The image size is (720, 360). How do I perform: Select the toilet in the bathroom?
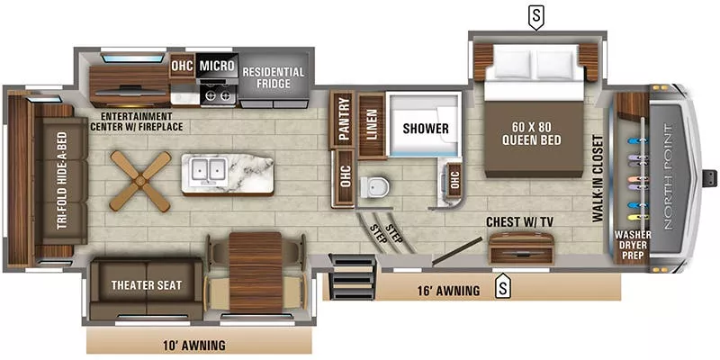[374, 186]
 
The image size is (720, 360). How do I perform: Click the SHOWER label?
[425, 129]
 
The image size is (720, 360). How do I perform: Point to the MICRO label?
[217, 66]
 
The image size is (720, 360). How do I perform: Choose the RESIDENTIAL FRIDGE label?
[274, 78]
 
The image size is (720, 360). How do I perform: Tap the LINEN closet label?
[370, 121]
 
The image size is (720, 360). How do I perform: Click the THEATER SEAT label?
[147, 285]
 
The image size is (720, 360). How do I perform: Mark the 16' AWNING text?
[444, 289]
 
